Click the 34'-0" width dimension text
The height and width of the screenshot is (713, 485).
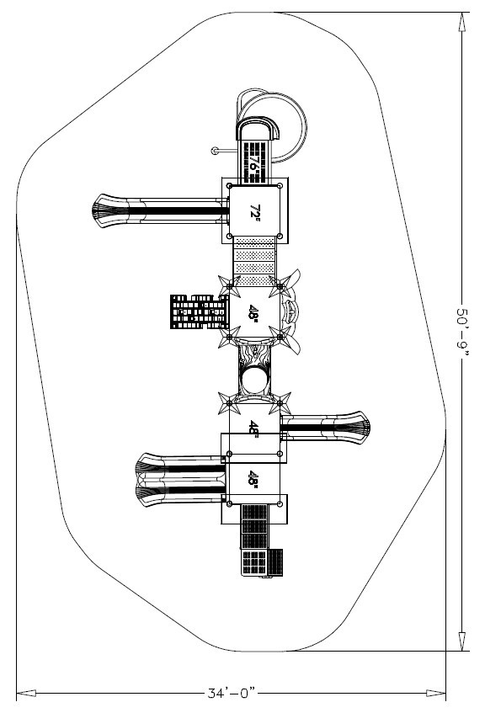(x=232, y=694)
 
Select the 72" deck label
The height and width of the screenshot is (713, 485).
(x=255, y=212)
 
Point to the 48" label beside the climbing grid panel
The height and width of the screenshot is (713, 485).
(x=253, y=313)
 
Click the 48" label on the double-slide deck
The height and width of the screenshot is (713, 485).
(x=253, y=479)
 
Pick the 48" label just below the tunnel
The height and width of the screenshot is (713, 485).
(x=253, y=428)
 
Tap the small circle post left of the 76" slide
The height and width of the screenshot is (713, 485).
(x=216, y=151)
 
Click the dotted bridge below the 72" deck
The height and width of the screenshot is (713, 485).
(x=254, y=262)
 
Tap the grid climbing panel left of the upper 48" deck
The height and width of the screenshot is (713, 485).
(x=200, y=311)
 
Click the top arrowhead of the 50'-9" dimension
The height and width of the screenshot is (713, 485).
(x=461, y=21)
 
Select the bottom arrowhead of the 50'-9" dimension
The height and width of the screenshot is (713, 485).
(x=461, y=641)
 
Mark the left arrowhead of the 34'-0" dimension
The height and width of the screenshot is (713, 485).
(x=26, y=694)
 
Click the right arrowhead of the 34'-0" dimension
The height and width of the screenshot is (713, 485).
(x=436, y=694)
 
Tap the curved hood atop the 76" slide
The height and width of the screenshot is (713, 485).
(x=258, y=126)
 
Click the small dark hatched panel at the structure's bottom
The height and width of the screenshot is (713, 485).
(x=274, y=562)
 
